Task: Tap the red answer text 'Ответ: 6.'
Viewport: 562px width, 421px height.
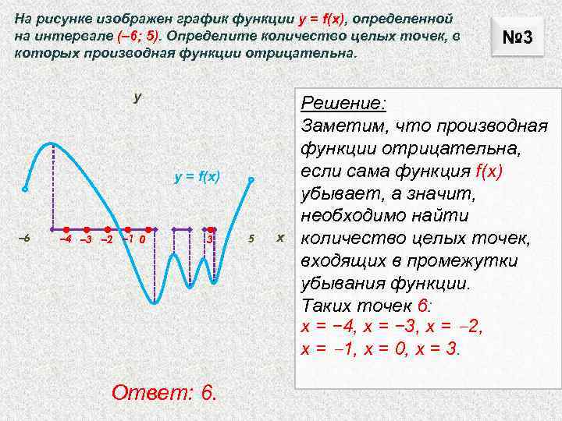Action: (165, 391)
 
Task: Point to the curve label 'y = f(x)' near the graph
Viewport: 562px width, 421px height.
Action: (198, 178)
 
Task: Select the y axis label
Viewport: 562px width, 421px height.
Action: (137, 97)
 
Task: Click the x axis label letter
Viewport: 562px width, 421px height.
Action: (280, 236)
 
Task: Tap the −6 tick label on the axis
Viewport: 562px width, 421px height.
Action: (23, 237)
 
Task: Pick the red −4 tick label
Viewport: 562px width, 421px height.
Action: (66, 238)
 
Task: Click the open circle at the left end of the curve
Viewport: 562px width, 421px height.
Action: (25, 189)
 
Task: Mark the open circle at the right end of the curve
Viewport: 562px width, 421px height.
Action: (251, 180)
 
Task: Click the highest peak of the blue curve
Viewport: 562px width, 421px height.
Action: (51, 143)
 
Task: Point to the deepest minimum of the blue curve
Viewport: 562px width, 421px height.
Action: (155, 302)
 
